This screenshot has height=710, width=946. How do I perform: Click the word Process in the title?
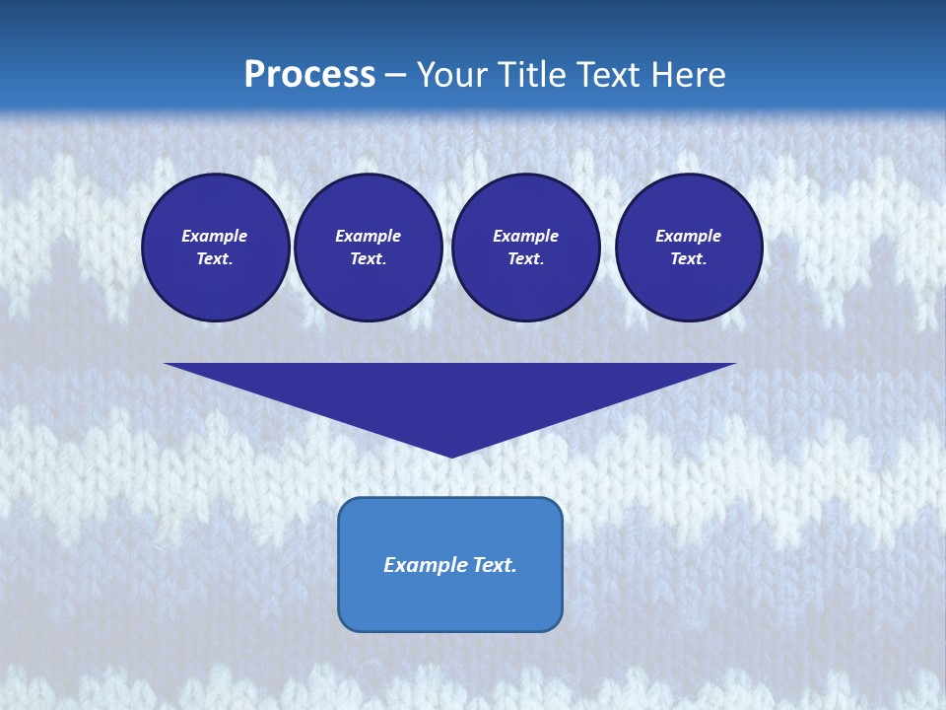tap(309, 75)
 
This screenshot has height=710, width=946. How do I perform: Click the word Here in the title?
tap(694, 75)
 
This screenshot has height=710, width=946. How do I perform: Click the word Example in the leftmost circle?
tap(215, 236)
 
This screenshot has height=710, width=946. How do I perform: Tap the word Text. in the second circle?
tap(369, 259)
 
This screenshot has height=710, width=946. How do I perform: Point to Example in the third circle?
tap(525, 236)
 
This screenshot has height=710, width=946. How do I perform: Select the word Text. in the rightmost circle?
tap(689, 259)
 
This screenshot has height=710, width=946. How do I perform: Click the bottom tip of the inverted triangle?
tap(451, 455)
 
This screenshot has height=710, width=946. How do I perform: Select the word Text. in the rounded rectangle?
tap(495, 565)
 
